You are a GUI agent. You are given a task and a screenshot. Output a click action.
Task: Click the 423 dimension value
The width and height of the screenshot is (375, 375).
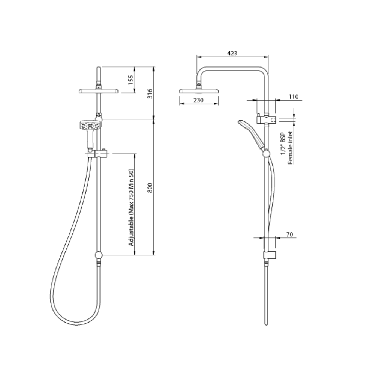tap(232, 53)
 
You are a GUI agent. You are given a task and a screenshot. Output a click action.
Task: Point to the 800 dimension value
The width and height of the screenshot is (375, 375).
tap(150, 187)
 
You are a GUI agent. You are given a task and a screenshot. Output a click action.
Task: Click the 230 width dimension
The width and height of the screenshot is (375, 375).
tap(198, 100)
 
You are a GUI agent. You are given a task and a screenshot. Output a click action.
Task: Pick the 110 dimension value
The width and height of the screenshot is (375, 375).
tap(293, 97)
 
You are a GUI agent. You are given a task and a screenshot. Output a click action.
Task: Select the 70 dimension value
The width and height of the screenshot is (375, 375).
tap(289, 234)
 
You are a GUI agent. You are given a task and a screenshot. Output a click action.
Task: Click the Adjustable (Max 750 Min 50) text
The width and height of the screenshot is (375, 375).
tap(131, 207)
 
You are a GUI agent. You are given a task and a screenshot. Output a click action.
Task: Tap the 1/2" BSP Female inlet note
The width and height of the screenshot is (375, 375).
tap(287, 148)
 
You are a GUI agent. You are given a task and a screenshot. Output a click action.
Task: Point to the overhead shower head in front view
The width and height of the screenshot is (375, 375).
tap(98, 91)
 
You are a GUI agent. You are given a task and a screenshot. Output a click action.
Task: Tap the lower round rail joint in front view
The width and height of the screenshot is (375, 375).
tap(98, 255)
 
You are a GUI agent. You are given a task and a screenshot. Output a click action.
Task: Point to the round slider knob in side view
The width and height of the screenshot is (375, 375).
tap(267, 153)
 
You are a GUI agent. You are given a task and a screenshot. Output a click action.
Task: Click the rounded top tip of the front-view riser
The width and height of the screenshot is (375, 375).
tap(98, 69)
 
